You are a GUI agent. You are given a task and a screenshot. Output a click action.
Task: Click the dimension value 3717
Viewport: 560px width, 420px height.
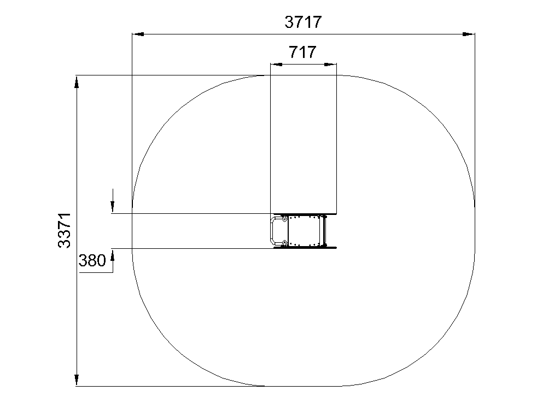303,22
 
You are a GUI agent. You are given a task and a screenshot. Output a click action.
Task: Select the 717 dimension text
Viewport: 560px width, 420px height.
302,52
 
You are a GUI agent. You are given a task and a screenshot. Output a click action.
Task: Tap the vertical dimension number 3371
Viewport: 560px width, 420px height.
65,230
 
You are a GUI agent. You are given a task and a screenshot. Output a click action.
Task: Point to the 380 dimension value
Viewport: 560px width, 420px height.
92,260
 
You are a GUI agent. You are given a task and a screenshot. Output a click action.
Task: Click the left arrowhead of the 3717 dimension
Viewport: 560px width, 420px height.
138,34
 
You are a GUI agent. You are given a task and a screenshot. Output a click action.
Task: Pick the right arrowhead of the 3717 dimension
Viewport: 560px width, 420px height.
469,34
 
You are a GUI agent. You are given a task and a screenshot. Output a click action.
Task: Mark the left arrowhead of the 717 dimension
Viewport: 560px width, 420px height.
276,65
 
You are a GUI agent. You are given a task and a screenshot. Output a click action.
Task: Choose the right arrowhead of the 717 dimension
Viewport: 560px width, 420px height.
330,65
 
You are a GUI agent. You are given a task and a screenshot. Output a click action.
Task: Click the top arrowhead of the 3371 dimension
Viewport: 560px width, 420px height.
77,81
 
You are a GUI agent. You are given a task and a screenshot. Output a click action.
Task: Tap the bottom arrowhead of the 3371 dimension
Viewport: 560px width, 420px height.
77,380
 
